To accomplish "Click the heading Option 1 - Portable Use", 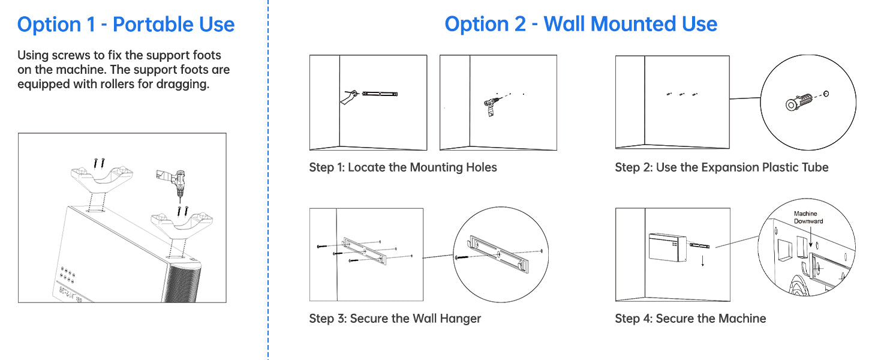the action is pyautogui.click(x=126, y=25).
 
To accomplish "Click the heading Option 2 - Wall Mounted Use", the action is pyautogui.click(x=581, y=24).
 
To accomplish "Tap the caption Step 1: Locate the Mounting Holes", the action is pyautogui.click(x=403, y=167).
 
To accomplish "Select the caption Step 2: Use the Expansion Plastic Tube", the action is pyautogui.click(x=721, y=167).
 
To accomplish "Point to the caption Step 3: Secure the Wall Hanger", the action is pyautogui.click(x=395, y=319).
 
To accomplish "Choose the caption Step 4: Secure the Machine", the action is pyautogui.click(x=690, y=319).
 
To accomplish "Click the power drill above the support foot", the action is pyautogui.click(x=173, y=184).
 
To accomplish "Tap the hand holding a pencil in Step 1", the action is pyautogui.click(x=348, y=97).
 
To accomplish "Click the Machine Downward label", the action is pyautogui.click(x=808, y=217).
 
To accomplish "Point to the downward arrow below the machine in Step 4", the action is pyautogui.click(x=703, y=261).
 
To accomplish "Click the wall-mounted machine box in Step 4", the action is pyautogui.click(x=667, y=247).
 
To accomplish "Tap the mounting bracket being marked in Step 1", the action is pyautogui.click(x=380, y=94).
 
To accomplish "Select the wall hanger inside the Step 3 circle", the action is pyautogui.click(x=498, y=254).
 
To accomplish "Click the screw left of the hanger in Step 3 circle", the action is pyautogui.click(x=462, y=257).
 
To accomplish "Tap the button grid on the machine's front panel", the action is pyautogui.click(x=67, y=275).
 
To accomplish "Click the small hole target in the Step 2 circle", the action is pyautogui.click(x=826, y=94).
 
